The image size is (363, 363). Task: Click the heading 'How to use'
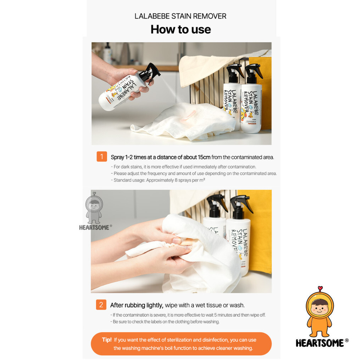(x=181, y=30)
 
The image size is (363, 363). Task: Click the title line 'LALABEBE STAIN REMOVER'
(x=180, y=16)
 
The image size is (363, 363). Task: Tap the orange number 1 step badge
(x=102, y=156)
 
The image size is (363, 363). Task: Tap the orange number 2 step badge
(x=101, y=305)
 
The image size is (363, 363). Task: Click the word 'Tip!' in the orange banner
(x=107, y=340)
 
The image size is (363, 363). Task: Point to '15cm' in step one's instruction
(x=204, y=157)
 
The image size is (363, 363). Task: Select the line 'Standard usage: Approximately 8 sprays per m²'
(x=158, y=180)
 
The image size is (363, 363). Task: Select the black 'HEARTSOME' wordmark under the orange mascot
(x=320, y=343)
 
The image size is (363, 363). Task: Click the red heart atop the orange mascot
(x=320, y=288)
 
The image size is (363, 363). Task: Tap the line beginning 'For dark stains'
(x=183, y=167)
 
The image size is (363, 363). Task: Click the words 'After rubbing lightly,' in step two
(x=136, y=305)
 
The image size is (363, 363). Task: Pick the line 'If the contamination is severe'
(x=188, y=315)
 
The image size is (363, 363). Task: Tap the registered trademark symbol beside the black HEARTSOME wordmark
(x=347, y=340)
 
